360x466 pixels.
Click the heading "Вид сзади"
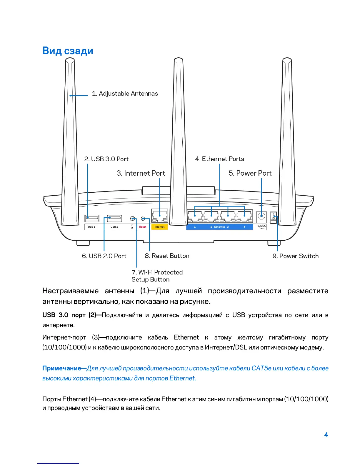point(68,51)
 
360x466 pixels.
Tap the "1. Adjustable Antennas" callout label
point(125,94)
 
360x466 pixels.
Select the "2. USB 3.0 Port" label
point(106,159)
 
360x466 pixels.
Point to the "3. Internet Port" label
point(141,173)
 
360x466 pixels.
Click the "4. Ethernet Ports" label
point(219,159)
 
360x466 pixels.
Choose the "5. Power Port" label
point(250,173)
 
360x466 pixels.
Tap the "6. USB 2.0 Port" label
point(104,256)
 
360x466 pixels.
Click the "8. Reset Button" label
point(167,256)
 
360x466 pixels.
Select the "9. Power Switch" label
point(295,256)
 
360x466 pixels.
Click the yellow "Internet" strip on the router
point(159,227)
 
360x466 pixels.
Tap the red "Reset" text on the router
point(143,227)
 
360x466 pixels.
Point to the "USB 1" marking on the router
point(91,227)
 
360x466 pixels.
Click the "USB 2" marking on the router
point(114,227)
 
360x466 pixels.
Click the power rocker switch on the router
point(274,218)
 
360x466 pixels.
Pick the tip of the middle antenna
point(178,60)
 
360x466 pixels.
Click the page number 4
point(326,435)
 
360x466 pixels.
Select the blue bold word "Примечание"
point(61,368)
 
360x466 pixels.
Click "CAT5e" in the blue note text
point(261,368)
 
